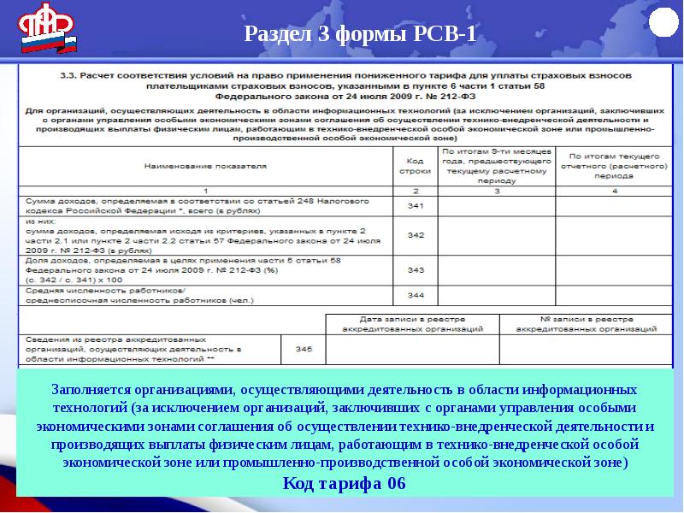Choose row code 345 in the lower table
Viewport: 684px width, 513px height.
(304, 349)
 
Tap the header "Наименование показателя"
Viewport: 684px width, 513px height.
(205, 166)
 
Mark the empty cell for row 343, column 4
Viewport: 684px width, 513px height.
(613, 268)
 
